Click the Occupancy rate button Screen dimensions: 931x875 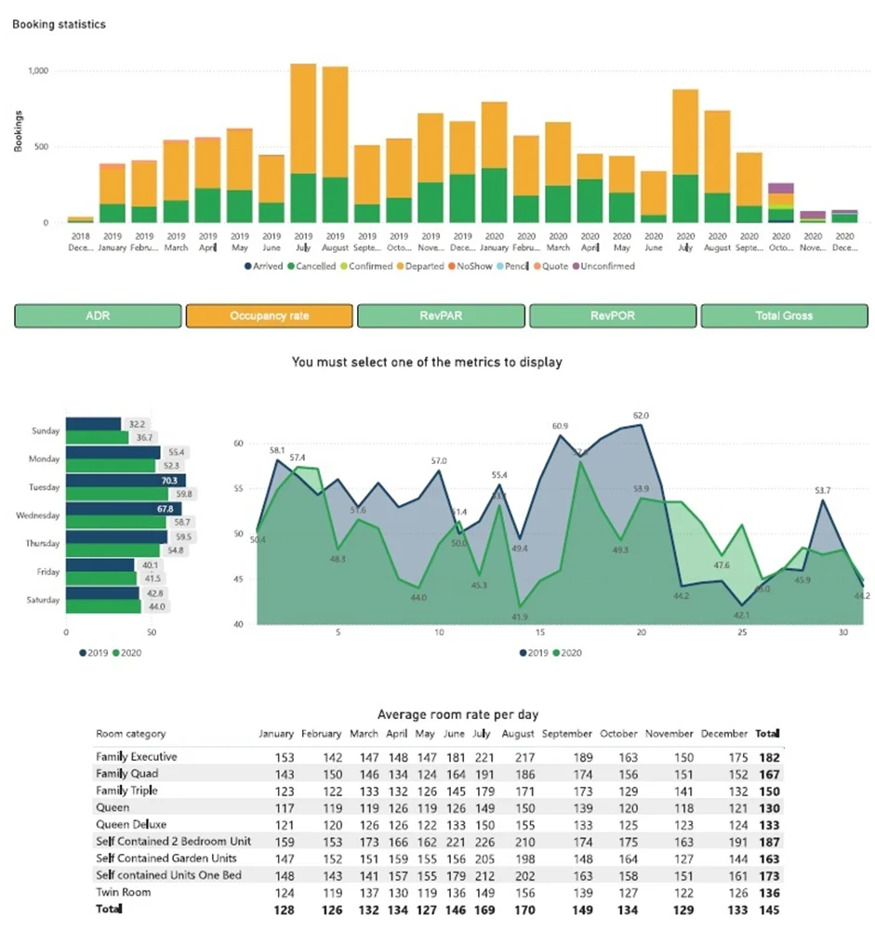click(x=269, y=316)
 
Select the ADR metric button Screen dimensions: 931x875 click(x=98, y=316)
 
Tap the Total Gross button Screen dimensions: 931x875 click(x=784, y=316)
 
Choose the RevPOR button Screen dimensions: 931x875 click(x=612, y=316)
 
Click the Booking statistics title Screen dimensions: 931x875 click(x=59, y=24)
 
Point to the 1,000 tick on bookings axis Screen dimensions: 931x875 click(x=38, y=71)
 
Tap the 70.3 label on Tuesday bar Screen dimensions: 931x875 click(x=167, y=481)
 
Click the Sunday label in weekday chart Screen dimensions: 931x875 click(x=46, y=432)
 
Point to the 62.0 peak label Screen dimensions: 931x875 click(x=641, y=416)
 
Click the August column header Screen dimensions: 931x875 click(x=517, y=734)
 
